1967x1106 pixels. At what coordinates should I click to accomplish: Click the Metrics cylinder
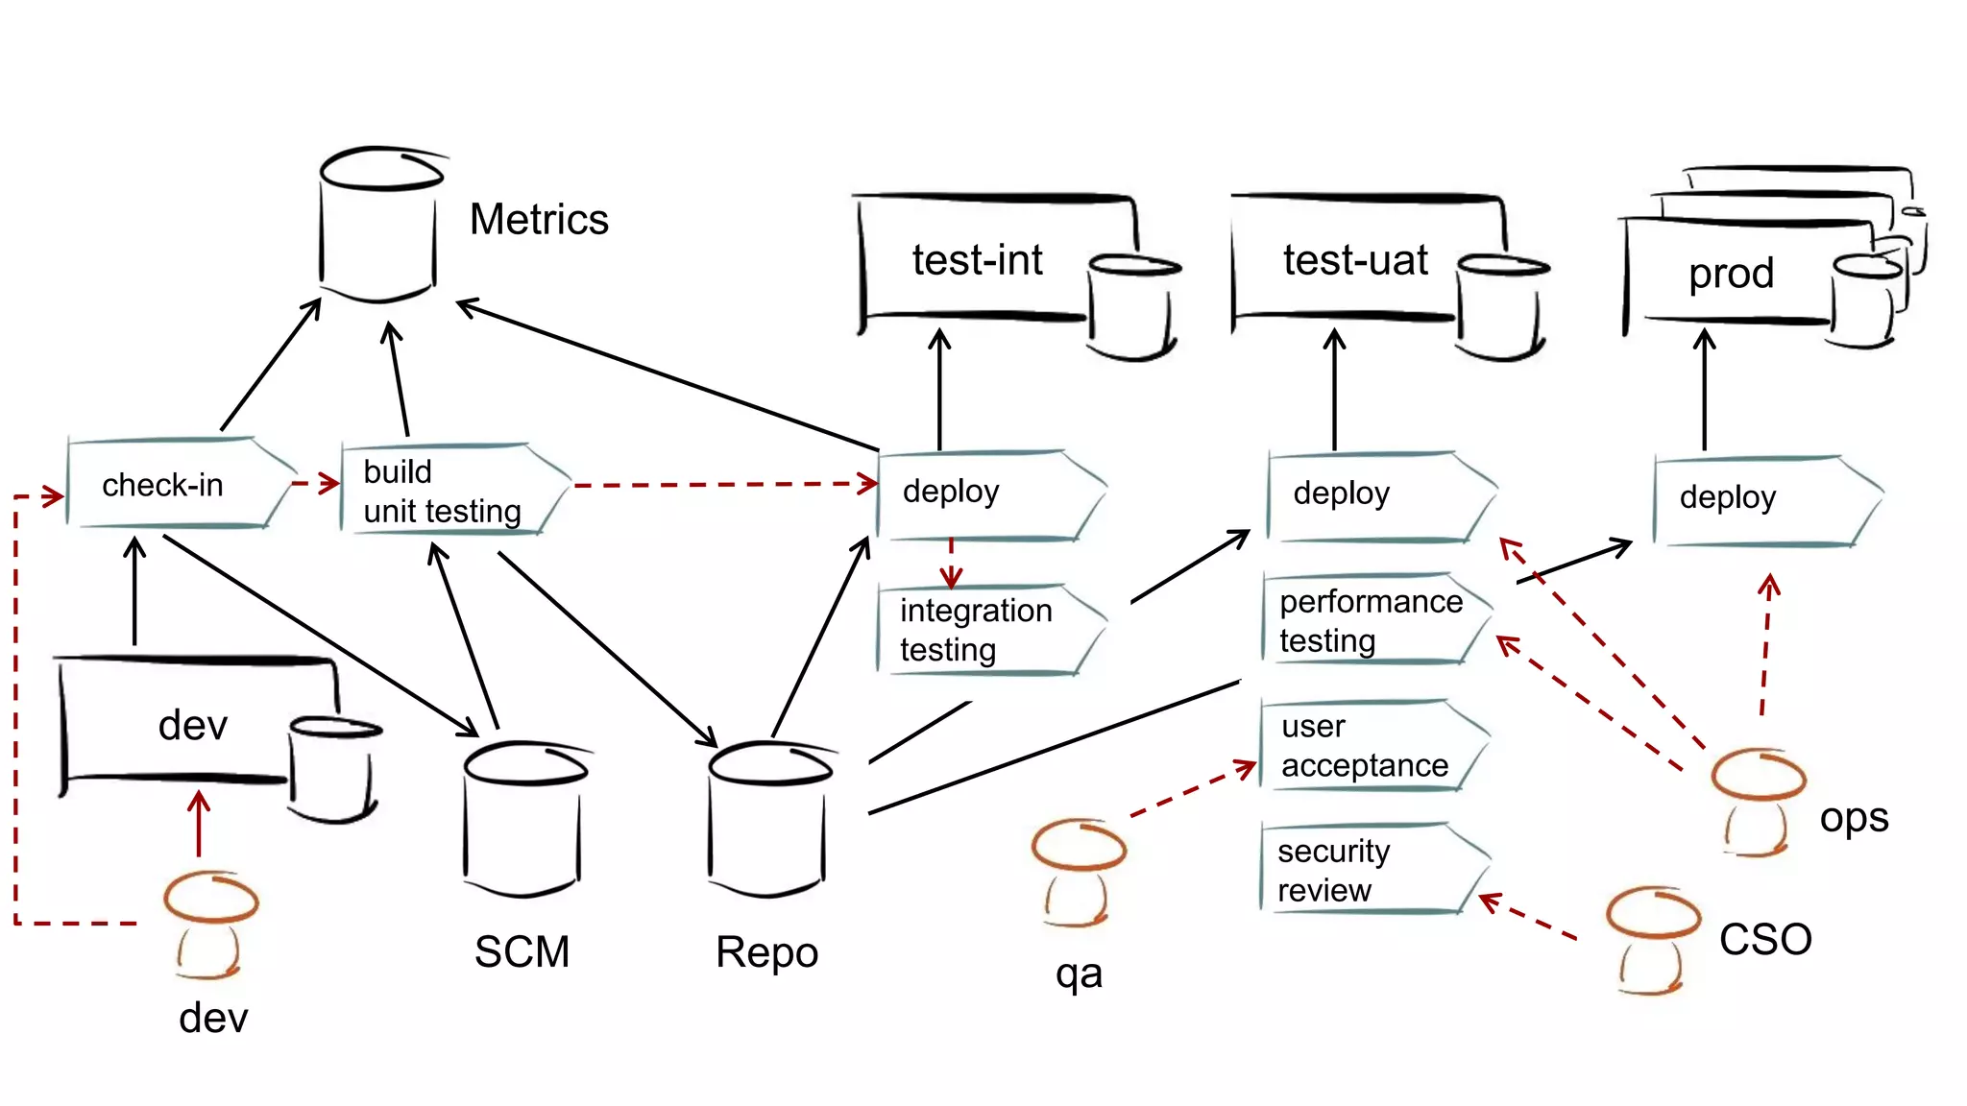click(x=379, y=226)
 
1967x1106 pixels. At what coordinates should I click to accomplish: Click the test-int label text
click(x=977, y=260)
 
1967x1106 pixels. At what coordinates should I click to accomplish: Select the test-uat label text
click(x=1355, y=260)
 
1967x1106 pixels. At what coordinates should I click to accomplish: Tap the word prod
click(x=1731, y=274)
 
